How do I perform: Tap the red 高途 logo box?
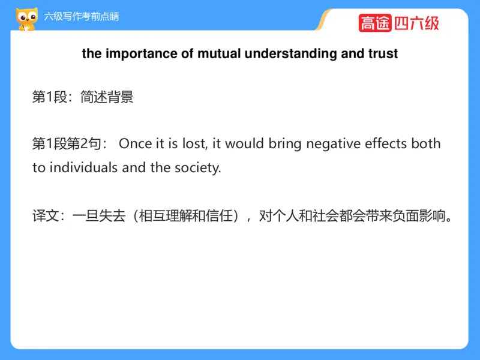pyautogui.click(x=375, y=23)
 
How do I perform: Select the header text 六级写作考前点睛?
pyautogui.click(x=82, y=16)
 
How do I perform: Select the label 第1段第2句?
pyautogui.click(x=68, y=144)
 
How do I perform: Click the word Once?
pyautogui.click(x=135, y=144)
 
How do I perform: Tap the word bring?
pyautogui.click(x=285, y=144)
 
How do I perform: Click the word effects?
pyautogui.click(x=388, y=144)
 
